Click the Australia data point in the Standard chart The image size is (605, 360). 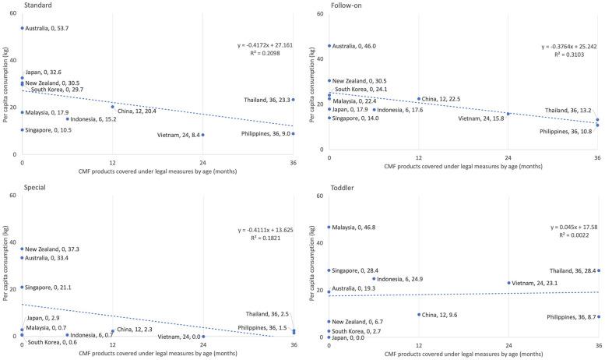pyautogui.click(x=22, y=28)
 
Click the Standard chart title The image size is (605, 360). pyautogui.click(x=19, y=5)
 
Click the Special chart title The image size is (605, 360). pyautogui.click(x=16, y=188)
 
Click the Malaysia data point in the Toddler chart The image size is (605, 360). pyautogui.click(x=329, y=228)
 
